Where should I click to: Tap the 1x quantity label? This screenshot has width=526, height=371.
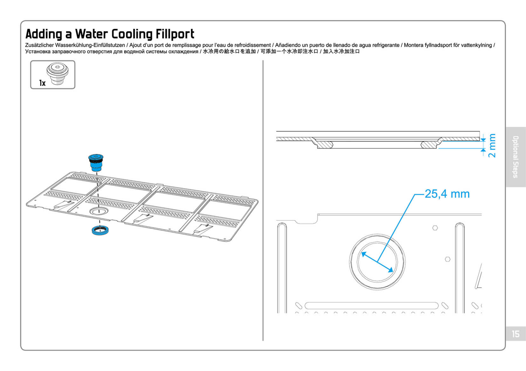coord(42,83)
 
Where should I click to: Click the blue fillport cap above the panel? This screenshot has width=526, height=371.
coord(96,162)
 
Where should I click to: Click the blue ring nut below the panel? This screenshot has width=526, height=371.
coord(100,230)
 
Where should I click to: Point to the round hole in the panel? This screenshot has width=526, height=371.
coord(98,211)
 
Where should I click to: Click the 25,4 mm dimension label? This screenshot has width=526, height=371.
coord(447,194)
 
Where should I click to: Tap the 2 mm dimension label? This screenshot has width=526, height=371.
coord(492,145)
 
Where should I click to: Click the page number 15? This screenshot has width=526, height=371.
coord(515,334)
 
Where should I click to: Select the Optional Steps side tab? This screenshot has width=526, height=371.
coord(515,157)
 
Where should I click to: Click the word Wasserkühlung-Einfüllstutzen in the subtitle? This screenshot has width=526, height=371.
coord(90,45)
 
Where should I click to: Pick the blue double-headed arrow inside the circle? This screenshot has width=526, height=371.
coord(377,262)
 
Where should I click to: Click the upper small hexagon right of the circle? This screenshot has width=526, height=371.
coord(435,228)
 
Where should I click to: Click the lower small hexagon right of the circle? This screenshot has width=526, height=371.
coord(447,259)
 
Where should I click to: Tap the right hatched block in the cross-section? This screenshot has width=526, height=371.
coord(429,144)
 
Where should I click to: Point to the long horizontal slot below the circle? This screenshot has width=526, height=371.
coord(371,306)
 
